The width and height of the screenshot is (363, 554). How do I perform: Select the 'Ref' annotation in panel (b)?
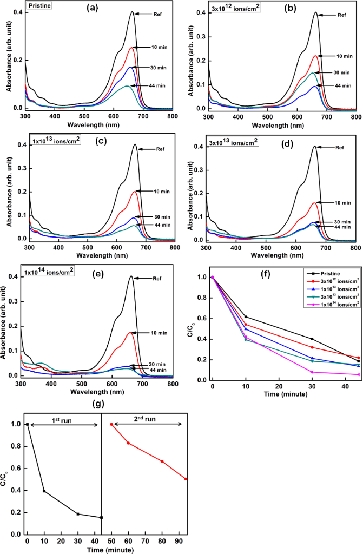point(341,15)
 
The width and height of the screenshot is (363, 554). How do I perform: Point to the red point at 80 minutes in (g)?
point(162,461)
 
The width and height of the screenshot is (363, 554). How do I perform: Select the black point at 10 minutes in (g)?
point(44,491)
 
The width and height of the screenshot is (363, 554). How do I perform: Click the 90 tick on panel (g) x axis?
point(179,539)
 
